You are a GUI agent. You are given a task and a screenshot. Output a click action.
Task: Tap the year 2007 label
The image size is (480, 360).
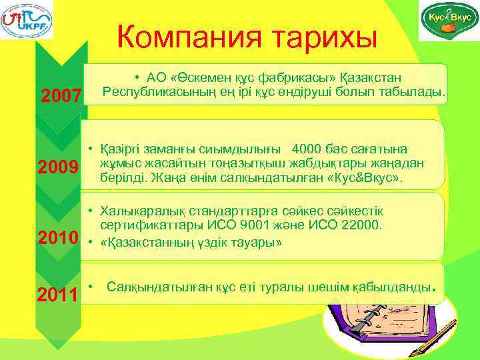tap(62, 96)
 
